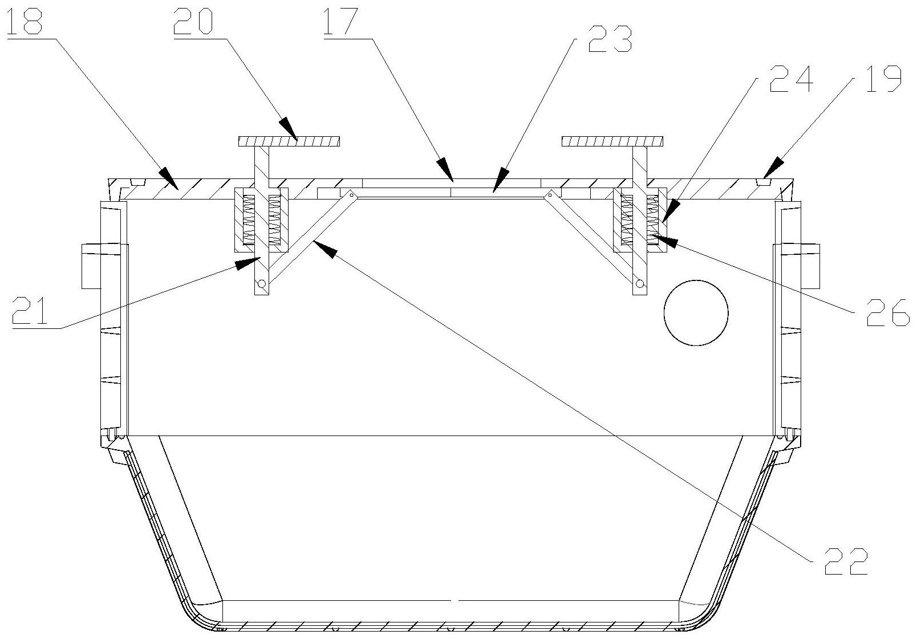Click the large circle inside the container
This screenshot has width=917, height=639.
coord(696,313)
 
